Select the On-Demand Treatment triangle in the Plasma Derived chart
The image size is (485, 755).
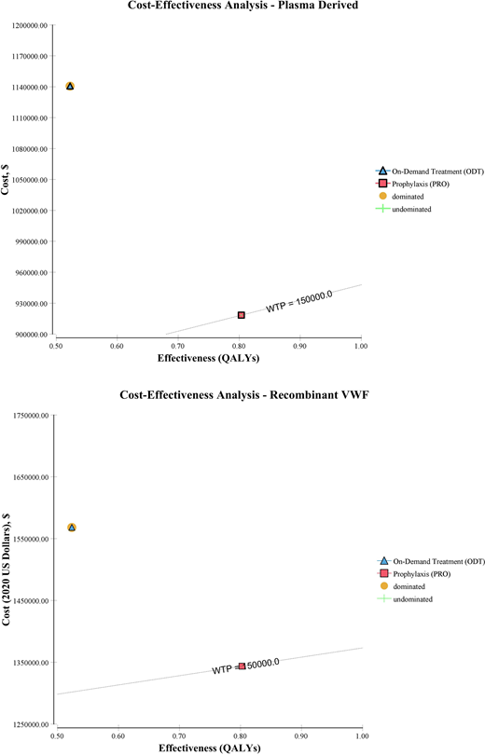tap(70, 87)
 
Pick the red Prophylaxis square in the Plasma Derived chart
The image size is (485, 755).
tap(242, 316)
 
